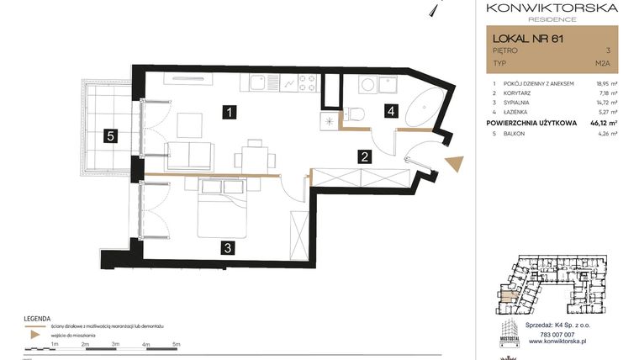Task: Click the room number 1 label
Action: click(229, 110)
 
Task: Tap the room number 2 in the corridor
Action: click(364, 156)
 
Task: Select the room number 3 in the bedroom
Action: click(227, 247)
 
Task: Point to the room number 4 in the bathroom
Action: click(390, 109)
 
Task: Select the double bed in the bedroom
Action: click(221, 206)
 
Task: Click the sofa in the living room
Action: click(191, 155)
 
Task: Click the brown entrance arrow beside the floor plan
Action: click(453, 163)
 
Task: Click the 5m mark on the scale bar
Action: click(177, 344)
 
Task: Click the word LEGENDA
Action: click(38, 319)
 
